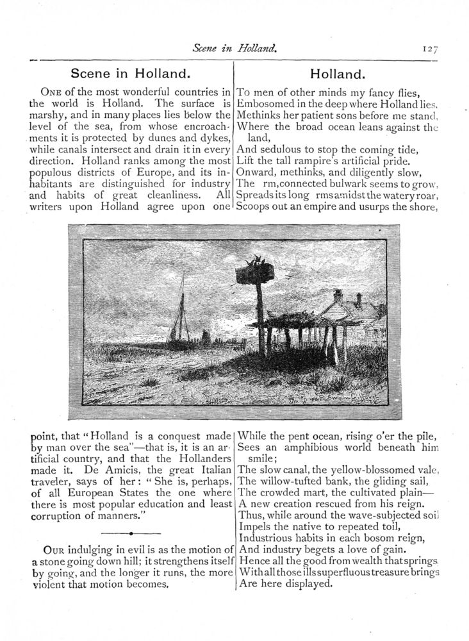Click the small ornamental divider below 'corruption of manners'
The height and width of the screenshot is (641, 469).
coord(130,533)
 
